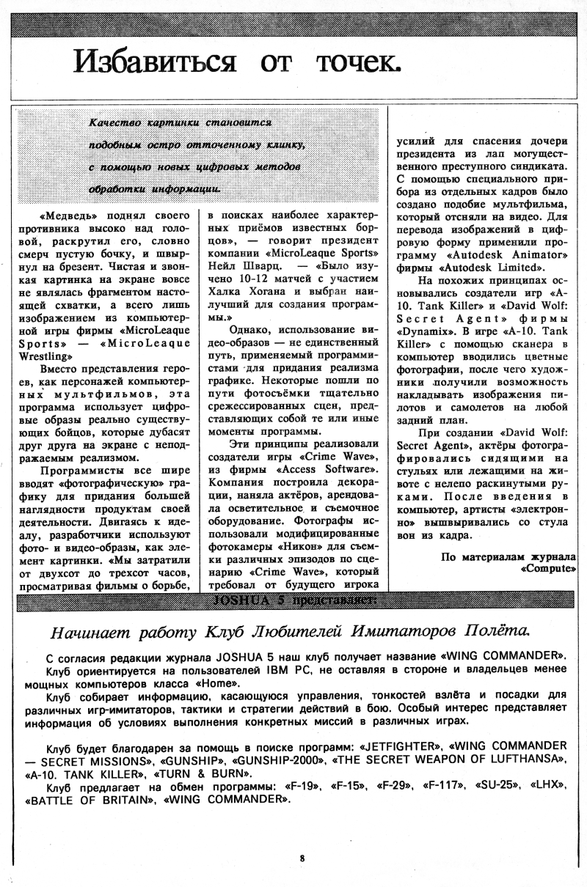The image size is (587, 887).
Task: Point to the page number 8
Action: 302,858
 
